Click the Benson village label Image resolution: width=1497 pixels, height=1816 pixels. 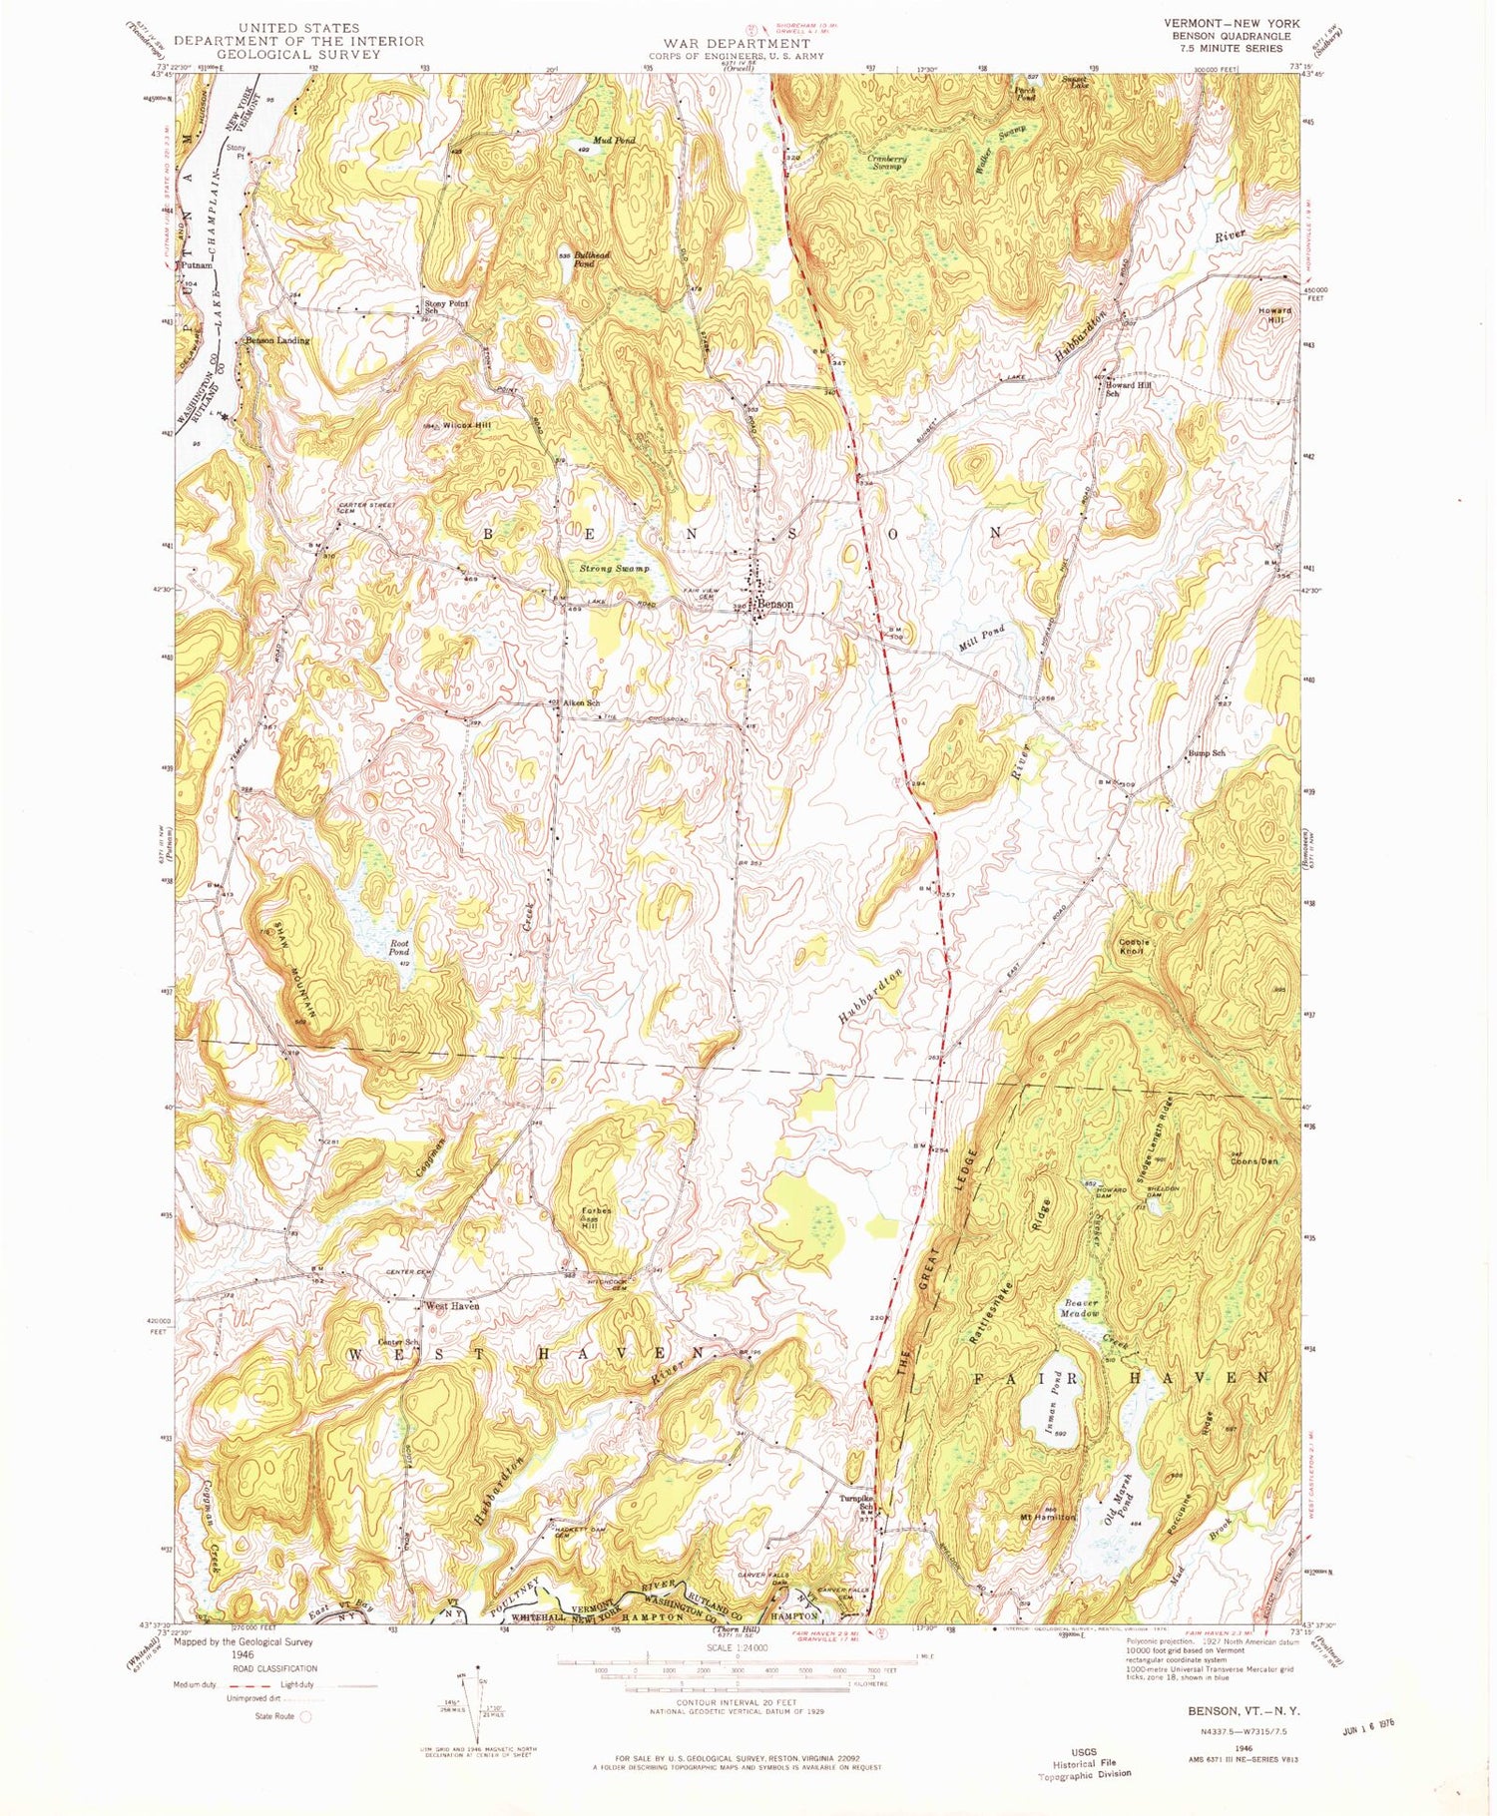tap(776, 605)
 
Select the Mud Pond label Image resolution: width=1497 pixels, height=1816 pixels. tap(614, 141)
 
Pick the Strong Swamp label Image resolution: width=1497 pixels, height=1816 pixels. tap(615, 568)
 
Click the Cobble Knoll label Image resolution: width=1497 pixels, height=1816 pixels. tap(1134, 946)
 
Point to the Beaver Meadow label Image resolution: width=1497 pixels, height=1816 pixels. tap(1078, 1309)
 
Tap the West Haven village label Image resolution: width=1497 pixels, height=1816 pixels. tap(452, 1305)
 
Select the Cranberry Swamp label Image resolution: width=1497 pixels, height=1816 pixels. tap(883, 162)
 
